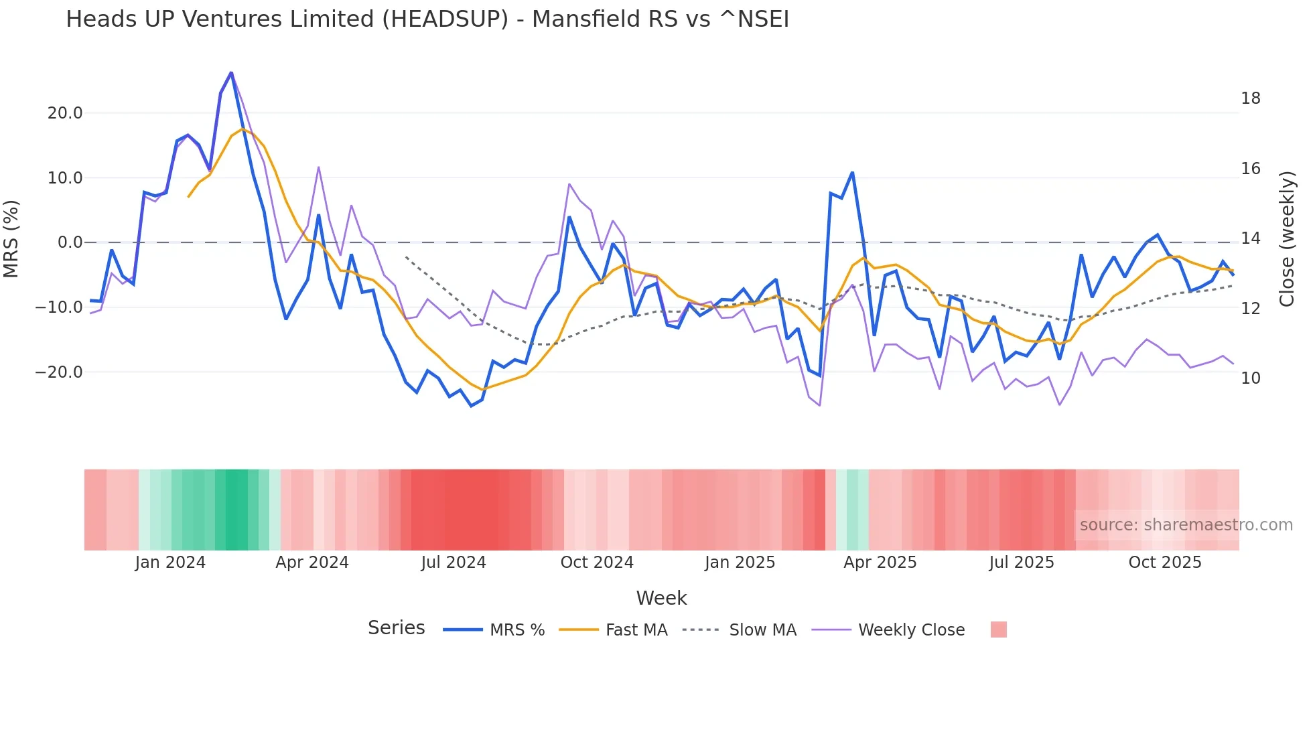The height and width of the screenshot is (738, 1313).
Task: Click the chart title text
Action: [x=427, y=19]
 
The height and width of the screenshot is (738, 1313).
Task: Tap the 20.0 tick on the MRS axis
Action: [x=65, y=113]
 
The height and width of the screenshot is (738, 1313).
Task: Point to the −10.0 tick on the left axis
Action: [x=60, y=307]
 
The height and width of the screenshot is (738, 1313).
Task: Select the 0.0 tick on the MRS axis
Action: [x=70, y=242]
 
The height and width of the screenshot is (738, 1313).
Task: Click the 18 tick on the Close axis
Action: [x=1250, y=98]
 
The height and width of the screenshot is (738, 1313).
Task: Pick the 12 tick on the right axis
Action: [x=1250, y=309]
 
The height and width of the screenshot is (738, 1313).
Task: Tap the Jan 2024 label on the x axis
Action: [x=170, y=563]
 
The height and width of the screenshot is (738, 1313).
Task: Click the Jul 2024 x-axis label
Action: [x=454, y=563]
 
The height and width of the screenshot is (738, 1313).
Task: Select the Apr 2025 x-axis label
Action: [x=880, y=563]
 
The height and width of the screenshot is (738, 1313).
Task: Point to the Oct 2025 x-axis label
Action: [x=1165, y=563]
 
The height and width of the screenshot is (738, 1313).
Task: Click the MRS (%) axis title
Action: [x=11, y=238]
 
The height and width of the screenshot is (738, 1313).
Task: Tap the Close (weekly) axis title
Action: [x=1287, y=239]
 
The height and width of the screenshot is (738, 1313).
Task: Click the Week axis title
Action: [x=661, y=598]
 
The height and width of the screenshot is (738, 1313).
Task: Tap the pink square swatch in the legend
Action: [x=998, y=630]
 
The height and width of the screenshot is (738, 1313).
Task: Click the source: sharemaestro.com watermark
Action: [x=1186, y=525]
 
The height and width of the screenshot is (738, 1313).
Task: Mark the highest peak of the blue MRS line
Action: [x=231, y=72]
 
